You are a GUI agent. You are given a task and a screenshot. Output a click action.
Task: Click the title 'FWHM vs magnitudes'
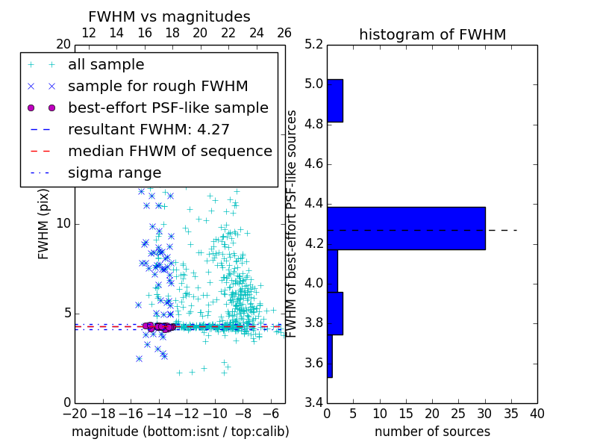[169, 17]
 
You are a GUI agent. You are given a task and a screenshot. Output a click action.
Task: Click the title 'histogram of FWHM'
[432, 35]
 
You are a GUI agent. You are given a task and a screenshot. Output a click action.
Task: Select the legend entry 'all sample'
[106, 65]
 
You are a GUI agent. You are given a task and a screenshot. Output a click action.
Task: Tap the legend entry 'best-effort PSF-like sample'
[168, 108]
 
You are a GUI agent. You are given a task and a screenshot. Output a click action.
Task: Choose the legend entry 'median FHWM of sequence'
[169, 152]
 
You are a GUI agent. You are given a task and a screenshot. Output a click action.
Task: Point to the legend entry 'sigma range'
[114, 173]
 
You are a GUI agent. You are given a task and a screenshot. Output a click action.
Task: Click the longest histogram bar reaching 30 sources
[406, 228]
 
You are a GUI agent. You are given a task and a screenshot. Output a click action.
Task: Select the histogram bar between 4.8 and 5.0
[335, 101]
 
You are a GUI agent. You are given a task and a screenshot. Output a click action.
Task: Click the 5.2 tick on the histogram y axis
[313, 44]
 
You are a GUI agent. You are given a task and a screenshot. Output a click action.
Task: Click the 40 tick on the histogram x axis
[537, 414]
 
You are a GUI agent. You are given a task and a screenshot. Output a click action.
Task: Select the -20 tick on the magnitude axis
[75, 414]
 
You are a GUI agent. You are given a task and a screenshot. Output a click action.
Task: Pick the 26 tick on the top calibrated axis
[284, 34]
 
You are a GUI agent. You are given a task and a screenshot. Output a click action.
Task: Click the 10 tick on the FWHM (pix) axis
[63, 224]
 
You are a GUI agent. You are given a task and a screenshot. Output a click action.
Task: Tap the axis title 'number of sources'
[432, 432]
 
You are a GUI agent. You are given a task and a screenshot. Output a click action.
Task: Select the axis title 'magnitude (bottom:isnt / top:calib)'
[180, 432]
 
